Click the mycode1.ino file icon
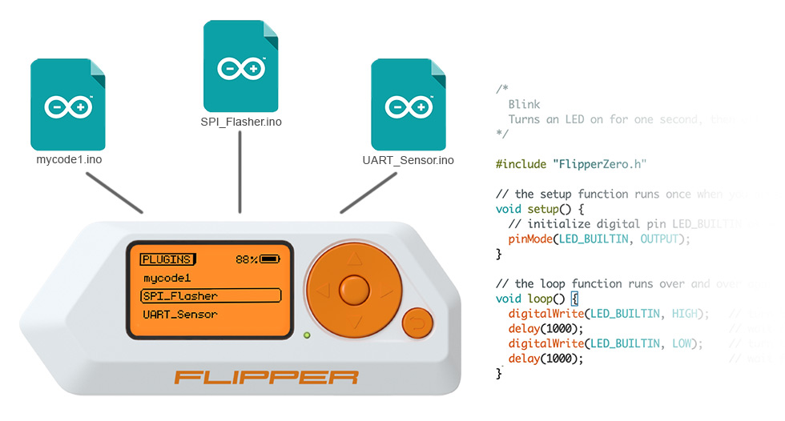pos(69,104)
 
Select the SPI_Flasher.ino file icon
pos(241,66)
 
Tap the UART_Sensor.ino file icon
pos(408,104)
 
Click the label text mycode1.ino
pos(69,160)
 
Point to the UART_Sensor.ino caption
pos(408,160)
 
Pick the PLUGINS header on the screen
pos(167,259)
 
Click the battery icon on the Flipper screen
pos(269,259)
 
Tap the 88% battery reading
pos(247,259)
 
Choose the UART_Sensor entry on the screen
pos(180,315)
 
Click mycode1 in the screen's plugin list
pos(167,278)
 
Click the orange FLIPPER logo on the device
pos(267,376)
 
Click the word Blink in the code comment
pos(524,104)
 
